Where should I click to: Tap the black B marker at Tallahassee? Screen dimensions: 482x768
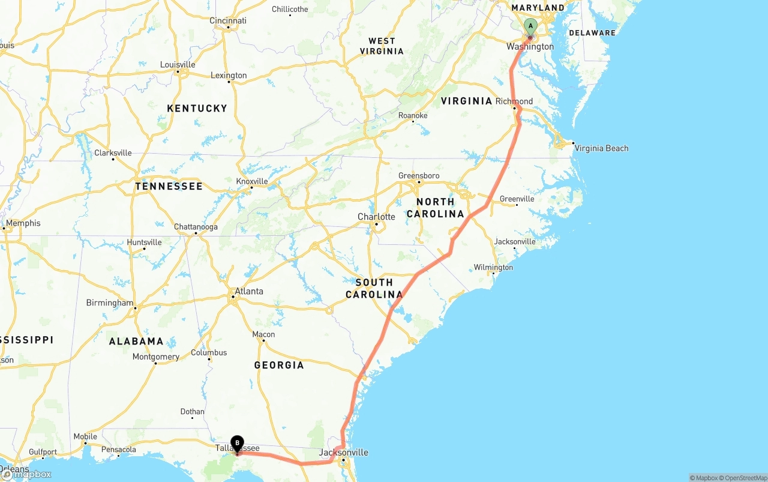[237, 444]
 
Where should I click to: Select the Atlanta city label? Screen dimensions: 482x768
[248, 291]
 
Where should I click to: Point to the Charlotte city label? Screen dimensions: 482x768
[376, 217]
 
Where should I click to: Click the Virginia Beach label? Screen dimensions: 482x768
[601, 148]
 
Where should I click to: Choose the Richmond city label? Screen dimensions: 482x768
[514, 101]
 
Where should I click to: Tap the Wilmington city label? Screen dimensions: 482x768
[493, 267]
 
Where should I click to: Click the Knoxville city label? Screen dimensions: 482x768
[252, 181]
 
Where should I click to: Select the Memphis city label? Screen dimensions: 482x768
[23, 223]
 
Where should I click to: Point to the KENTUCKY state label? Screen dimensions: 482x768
[197, 108]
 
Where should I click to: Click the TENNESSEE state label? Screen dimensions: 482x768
[169, 186]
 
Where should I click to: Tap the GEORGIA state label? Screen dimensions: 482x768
[279, 365]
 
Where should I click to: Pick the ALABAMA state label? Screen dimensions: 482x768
[136, 341]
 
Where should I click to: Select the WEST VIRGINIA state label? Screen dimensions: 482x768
[382, 46]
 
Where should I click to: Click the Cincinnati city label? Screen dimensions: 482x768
[228, 20]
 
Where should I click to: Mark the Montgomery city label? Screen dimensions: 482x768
[156, 357]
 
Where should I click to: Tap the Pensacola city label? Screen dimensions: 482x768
[118, 449]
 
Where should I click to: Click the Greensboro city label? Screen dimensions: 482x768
[419, 176]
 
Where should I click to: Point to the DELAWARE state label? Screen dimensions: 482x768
[592, 33]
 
